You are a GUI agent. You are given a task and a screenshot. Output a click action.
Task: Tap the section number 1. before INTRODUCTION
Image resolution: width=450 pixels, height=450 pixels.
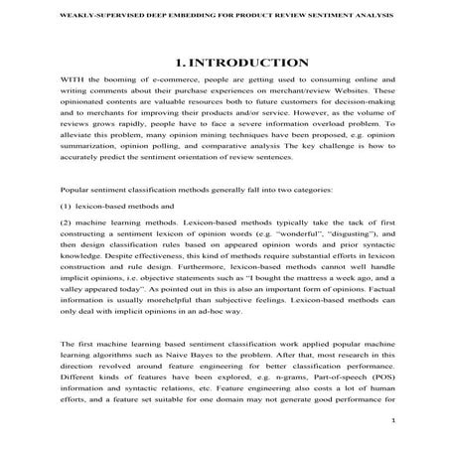pyautogui.click(x=178, y=63)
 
